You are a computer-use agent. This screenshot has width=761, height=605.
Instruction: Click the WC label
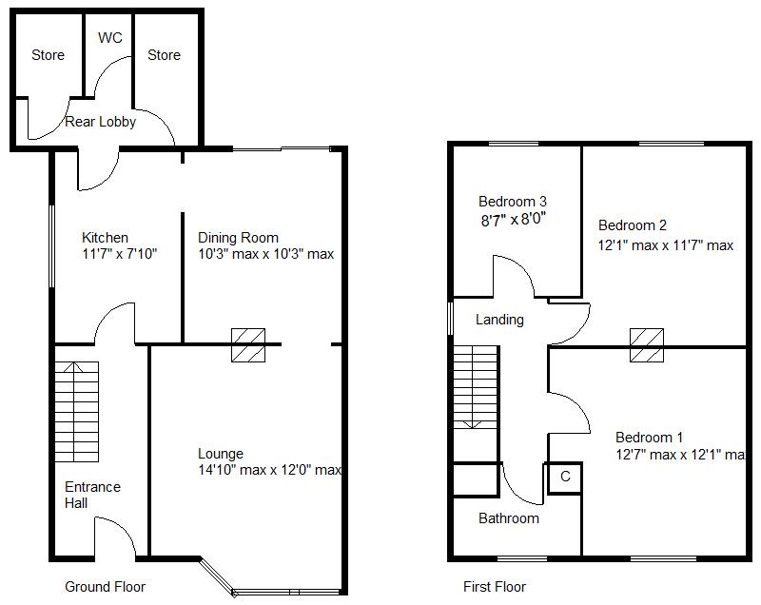(109, 38)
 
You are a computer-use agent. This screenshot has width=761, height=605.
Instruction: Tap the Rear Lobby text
(100, 122)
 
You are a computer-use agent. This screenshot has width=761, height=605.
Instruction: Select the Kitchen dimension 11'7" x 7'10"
(119, 254)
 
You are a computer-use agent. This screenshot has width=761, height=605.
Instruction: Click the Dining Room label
(238, 238)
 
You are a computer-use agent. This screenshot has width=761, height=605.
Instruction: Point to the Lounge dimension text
(270, 470)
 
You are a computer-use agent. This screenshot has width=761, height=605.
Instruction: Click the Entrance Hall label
(92, 495)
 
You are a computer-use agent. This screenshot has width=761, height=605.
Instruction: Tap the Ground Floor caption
(105, 586)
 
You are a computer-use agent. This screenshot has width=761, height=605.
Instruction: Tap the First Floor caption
(495, 587)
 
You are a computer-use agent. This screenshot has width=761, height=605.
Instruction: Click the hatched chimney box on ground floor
(248, 344)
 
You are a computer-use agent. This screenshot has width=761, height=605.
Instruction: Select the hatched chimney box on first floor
(647, 344)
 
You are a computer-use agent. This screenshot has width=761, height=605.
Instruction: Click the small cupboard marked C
(565, 477)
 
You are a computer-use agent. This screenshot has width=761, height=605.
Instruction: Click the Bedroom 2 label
(632, 225)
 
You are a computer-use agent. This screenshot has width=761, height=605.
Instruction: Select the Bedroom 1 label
(649, 438)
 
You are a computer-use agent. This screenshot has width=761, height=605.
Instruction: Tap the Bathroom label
(508, 518)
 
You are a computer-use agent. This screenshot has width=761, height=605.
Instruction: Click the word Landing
(499, 320)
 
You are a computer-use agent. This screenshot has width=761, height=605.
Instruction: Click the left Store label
(48, 55)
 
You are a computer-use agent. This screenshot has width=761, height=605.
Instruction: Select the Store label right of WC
(164, 55)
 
